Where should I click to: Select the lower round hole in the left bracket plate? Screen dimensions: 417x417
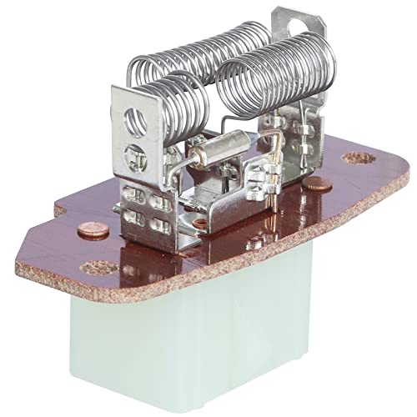133,153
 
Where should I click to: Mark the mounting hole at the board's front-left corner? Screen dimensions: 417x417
93,269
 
